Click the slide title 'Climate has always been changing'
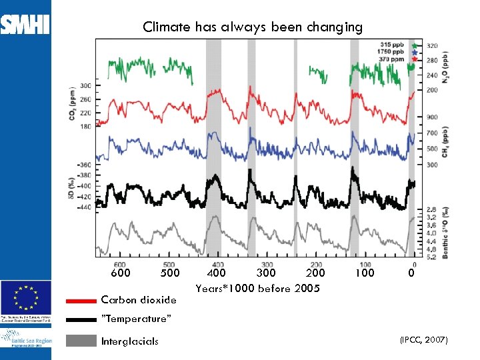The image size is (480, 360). click(253, 27)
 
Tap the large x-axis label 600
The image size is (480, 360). click(120, 273)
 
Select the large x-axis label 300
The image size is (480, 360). click(266, 273)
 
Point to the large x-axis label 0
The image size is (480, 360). click(411, 273)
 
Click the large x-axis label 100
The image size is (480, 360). click(364, 273)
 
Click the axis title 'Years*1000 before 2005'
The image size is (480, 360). click(257, 289)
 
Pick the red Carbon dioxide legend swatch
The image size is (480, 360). click(81, 301)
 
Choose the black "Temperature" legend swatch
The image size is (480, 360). click(81, 319)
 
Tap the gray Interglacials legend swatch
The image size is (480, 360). click(81, 341)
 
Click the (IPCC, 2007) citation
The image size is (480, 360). click(424, 340)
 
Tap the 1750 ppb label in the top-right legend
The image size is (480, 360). click(395, 51)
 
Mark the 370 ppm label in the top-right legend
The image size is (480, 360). click(397, 59)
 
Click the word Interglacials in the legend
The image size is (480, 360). click(129, 341)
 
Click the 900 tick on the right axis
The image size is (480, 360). click(432, 117)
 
